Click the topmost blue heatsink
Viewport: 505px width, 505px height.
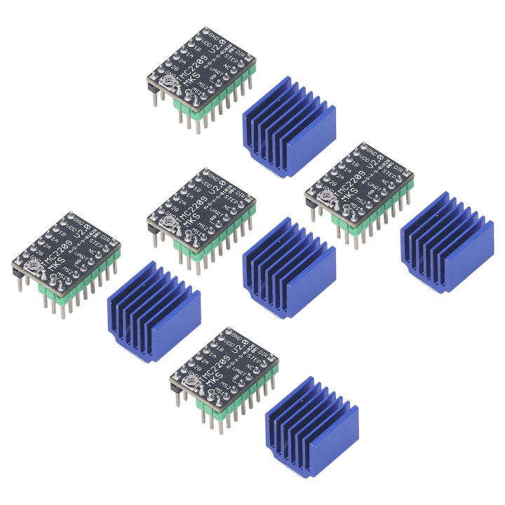click(288, 126)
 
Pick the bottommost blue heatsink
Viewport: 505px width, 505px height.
click(312, 427)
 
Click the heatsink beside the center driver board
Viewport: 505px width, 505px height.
click(288, 267)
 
